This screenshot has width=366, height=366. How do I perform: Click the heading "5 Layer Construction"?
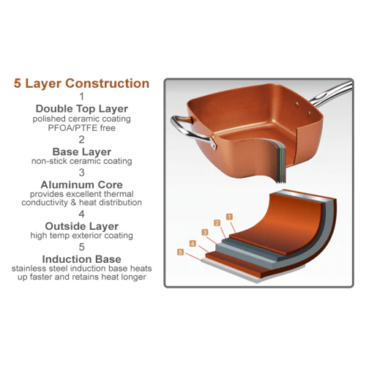tap(81, 83)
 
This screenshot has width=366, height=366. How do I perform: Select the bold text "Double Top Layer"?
tap(81, 108)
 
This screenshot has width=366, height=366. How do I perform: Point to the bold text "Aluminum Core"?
tap(81, 185)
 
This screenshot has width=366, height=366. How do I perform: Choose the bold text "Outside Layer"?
tap(81, 225)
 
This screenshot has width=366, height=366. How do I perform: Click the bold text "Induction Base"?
tap(81, 259)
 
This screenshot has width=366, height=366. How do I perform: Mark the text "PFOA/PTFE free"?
tap(81, 129)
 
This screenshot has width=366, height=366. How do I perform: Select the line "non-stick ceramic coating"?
tap(81, 160)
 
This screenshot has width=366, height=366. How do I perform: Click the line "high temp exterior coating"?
tap(81, 236)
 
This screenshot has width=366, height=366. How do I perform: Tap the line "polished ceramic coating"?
tap(81, 119)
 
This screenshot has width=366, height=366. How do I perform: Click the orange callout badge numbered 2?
tap(217, 223)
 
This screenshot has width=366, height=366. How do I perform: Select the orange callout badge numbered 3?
tap(205, 233)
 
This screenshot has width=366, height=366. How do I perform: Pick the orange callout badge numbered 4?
tap(193, 243)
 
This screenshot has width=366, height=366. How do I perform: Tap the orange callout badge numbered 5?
tap(180, 253)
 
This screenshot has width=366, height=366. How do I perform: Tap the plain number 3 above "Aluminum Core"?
tap(81, 173)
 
